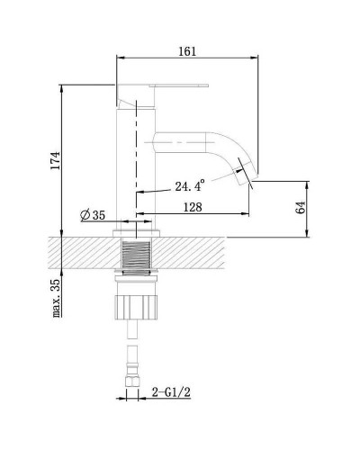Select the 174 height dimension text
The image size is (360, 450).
coord(56,160)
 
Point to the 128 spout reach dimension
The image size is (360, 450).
coord(191,206)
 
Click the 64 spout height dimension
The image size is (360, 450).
coord(301,207)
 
